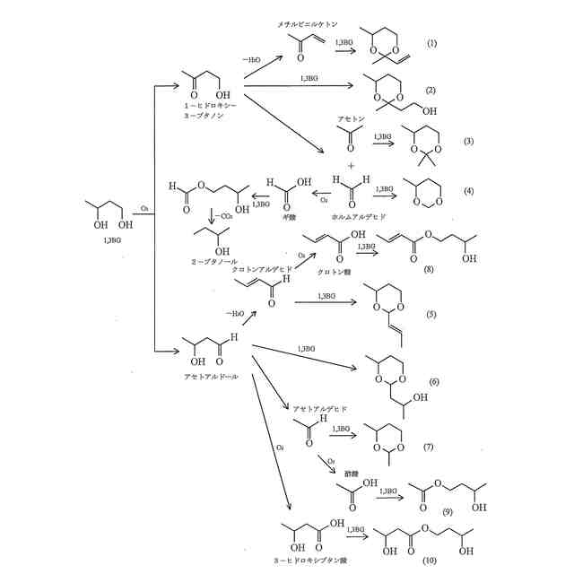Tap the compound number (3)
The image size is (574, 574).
click(x=468, y=143)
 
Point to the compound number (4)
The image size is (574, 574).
click(x=469, y=192)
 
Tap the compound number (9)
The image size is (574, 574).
click(x=446, y=511)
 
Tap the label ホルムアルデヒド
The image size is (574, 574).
click(x=357, y=217)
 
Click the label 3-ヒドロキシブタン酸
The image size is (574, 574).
click(x=309, y=560)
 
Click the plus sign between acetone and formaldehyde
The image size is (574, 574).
click(x=351, y=166)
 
